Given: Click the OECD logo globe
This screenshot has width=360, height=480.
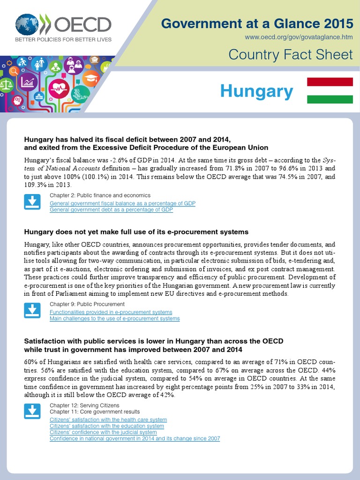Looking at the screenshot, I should pos(27,24).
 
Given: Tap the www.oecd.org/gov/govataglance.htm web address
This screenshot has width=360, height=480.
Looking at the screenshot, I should pos(299,37).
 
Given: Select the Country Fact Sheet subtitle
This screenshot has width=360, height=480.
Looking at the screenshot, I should pos(290,55).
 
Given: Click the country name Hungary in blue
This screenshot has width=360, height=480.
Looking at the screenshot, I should pos(256,91).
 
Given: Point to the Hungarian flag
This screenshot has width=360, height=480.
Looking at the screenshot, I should pos(330,90).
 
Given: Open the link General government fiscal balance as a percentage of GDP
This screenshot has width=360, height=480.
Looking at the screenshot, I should pos(122,203).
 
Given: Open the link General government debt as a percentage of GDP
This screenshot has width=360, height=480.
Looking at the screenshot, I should pos(111,210).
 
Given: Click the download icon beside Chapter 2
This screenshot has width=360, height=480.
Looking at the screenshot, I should pos(32,202).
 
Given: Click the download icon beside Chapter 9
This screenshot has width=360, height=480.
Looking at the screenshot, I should pos(32,311).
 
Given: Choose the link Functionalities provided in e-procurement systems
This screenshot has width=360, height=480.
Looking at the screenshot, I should pos(111,312).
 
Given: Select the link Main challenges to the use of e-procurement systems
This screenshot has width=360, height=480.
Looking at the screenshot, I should pos(114,319).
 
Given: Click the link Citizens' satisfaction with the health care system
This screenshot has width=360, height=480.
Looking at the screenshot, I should pos(108,420).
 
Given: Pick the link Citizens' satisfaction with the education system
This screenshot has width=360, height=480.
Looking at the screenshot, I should pos(107,426).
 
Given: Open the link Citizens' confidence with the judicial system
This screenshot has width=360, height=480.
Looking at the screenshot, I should pos(103,432).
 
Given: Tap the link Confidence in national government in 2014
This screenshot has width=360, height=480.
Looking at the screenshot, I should pos(135,438).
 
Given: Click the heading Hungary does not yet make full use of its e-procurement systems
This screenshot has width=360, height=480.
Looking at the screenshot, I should pos(136,232).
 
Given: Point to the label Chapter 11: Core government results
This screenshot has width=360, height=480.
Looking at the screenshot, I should pos(94,411).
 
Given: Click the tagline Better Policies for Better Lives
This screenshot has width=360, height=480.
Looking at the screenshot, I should pos(63,39).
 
